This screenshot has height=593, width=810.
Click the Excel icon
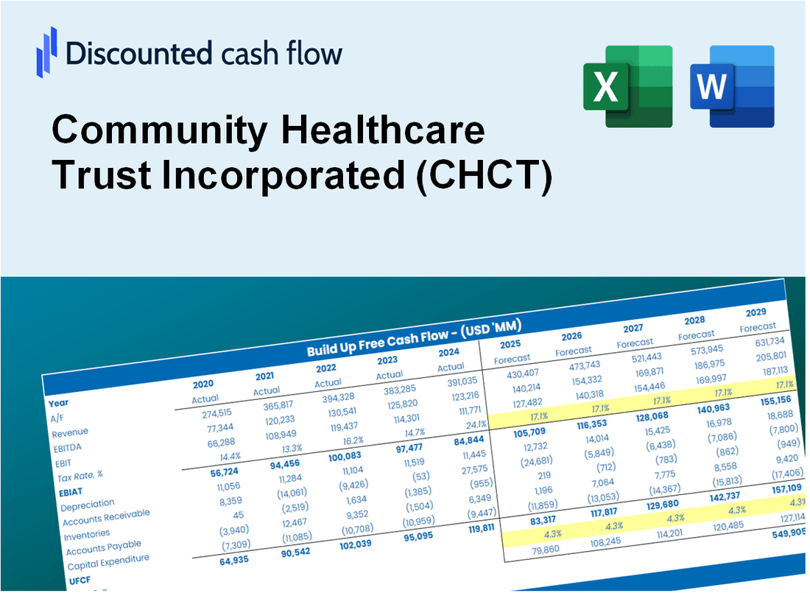click(x=628, y=86)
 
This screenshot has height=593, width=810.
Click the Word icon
click(x=732, y=86)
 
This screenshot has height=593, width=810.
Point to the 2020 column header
click(x=204, y=384)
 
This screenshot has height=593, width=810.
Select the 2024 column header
click(x=449, y=351)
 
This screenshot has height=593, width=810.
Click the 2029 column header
click(x=756, y=312)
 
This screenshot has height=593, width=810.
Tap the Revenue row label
click(x=70, y=432)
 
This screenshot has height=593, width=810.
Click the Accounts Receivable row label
click(x=105, y=517)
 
